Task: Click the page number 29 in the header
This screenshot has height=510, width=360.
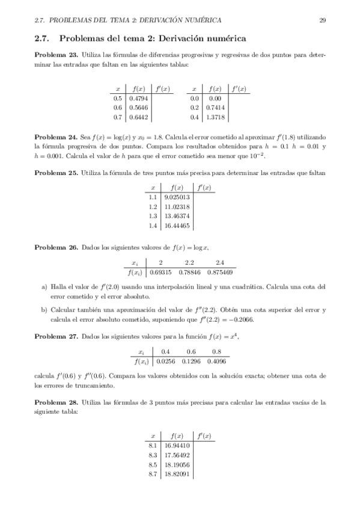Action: (x=322, y=20)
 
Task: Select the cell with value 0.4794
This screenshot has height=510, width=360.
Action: (x=139, y=98)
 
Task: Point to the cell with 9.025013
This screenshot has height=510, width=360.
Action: (x=177, y=197)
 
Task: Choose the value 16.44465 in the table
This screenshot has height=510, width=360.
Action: (x=177, y=226)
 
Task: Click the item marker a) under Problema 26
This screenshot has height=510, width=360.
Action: (x=44, y=287)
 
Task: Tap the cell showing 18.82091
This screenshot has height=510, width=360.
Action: (x=177, y=474)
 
